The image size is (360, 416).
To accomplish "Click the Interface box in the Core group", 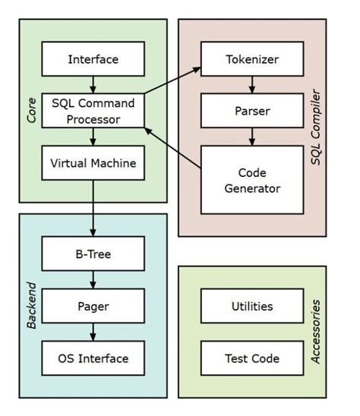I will [x=93, y=58].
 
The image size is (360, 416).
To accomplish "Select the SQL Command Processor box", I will [x=93, y=110].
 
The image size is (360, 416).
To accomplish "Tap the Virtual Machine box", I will [x=93, y=162].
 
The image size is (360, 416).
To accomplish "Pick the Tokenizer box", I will [x=251, y=58].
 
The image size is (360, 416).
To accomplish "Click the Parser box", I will [x=251, y=110].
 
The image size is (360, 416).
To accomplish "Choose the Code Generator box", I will [x=251, y=179].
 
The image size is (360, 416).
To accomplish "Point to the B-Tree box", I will [x=93, y=254].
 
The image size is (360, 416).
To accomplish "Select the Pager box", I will [x=93, y=306].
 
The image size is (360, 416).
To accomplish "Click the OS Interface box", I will [x=93, y=358].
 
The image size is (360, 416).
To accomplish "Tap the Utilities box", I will [x=251, y=306].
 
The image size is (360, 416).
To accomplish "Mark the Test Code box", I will [x=251, y=358].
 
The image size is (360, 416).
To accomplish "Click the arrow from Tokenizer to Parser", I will [x=251, y=84].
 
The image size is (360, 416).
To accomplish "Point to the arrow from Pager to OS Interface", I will [x=93, y=332].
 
